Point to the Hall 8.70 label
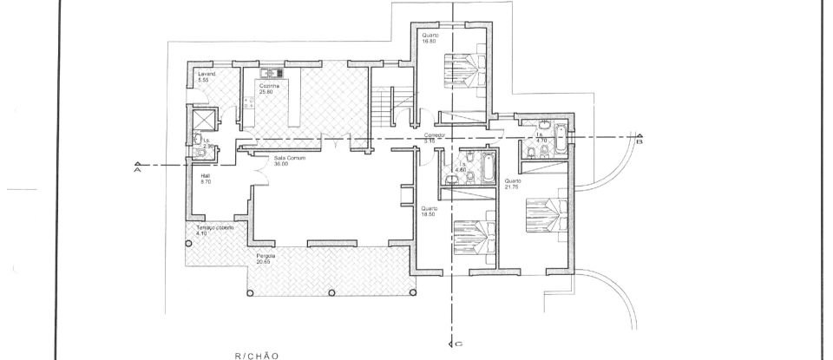coord(206,179)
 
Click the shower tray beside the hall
coord(203,118)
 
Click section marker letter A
coord(137,170)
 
